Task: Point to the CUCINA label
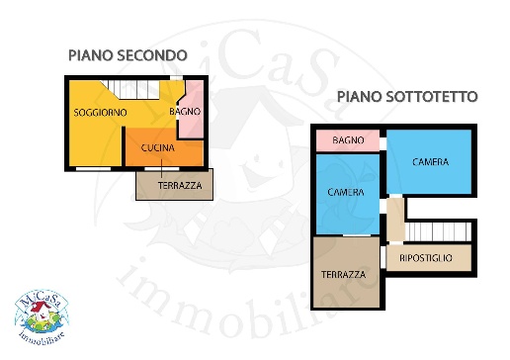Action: [158, 149]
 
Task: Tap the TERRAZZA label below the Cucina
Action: [181, 185]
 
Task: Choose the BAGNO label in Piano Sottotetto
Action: [349, 141]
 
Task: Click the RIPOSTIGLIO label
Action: [427, 258]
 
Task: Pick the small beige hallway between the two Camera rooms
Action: [394, 220]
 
